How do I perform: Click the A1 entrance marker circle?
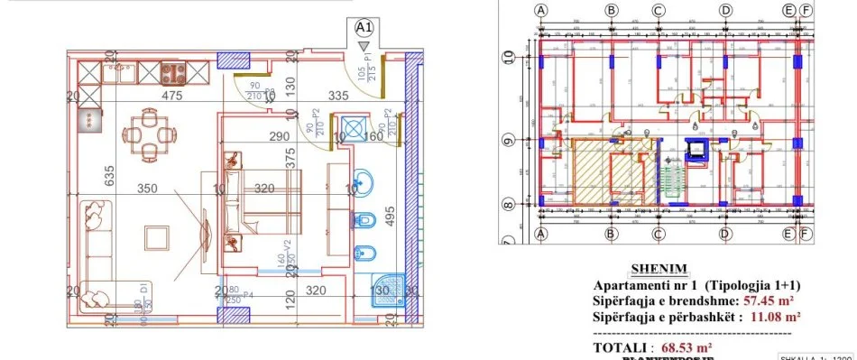click(364, 27)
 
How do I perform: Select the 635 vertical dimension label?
click(109, 175)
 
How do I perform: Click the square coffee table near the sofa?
click(157, 237)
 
